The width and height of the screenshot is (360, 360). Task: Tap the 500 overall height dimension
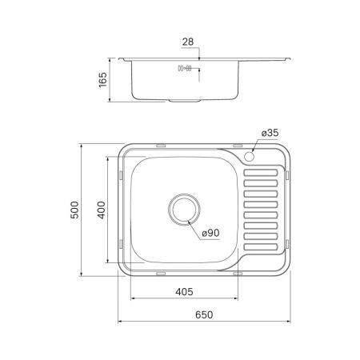tap(76, 210)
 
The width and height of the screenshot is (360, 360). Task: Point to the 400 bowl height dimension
tap(101, 210)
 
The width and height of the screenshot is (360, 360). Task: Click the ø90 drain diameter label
tap(211, 233)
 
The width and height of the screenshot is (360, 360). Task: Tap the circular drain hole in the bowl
tap(183, 210)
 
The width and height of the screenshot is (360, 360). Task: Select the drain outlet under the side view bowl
tap(183, 101)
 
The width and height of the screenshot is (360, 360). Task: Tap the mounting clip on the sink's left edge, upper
tap(120, 173)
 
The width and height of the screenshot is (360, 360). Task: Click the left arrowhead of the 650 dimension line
tap(121, 322)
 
